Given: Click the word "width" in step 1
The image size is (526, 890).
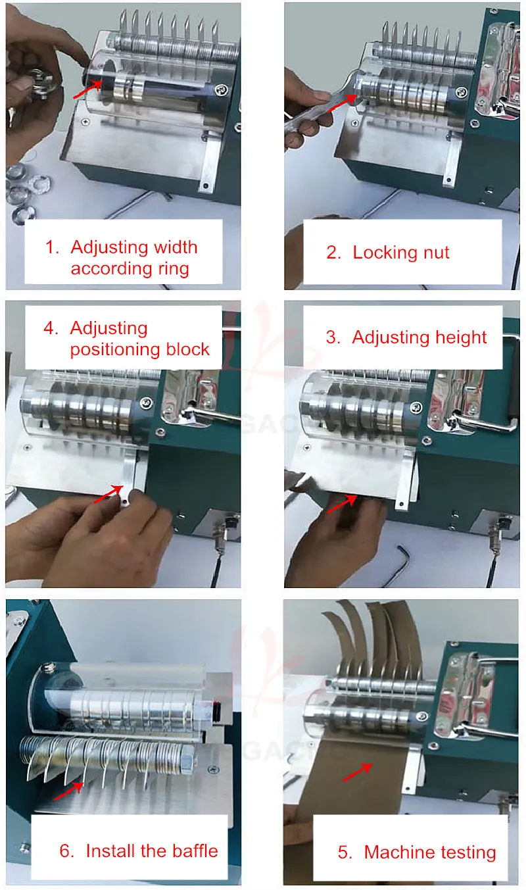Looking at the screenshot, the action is [175, 247].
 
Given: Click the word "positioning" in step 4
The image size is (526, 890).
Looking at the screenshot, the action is [114, 350].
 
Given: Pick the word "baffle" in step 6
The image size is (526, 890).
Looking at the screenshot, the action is [195, 851].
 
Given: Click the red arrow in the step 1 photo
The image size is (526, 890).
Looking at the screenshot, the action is [88, 89].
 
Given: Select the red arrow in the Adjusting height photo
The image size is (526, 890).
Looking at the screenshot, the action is [342, 503].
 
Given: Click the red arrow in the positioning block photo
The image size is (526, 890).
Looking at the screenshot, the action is [108, 494].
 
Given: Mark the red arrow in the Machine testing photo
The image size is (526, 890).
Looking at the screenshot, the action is [358, 772].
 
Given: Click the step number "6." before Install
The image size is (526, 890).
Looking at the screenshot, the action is [67, 851].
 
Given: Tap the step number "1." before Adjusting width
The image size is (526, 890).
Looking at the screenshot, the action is [52, 247].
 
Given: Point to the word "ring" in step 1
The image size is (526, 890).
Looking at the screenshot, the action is [174, 269].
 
